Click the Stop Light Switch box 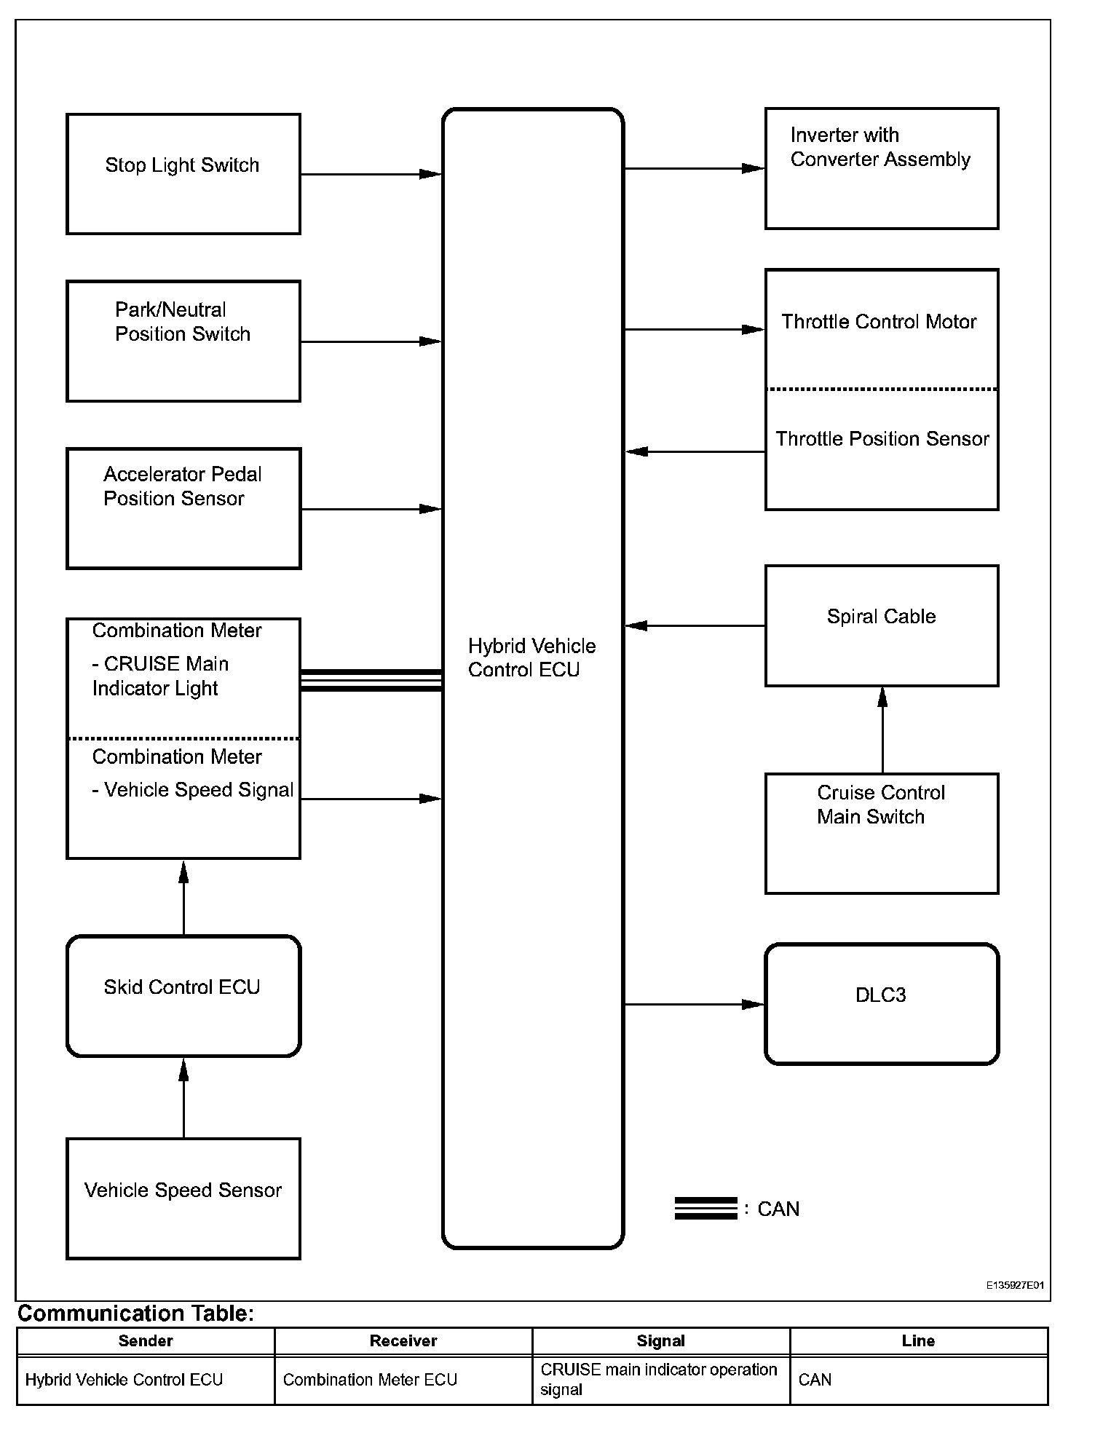click(x=183, y=174)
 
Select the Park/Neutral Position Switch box click(x=183, y=341)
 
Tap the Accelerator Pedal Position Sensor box click(x=183, y=508)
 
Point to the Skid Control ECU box click(x=183, y=995)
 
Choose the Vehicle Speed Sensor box click(x=183, y=1198)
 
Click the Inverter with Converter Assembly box click(x=881, y=169)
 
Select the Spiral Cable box click(x=881, y=625)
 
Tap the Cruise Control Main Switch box click(x=881, y=833)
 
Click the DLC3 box click(x=881, y=1003)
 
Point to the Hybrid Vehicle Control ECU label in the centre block click(x=531, y=657)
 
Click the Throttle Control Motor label click(x=879, y=322)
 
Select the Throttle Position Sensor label click(x=882, y=439)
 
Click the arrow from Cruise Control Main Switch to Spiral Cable click(x=882, y=730)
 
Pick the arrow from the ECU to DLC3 click(x=694, y=1005)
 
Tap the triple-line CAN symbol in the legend click(x=705, y=1208)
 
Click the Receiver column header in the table click(x=403, y=1340)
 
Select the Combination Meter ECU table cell click(x=370, y=1380)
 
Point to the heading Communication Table click(x=136, y=1313)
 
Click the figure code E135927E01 click(x=1015, y=1285)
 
